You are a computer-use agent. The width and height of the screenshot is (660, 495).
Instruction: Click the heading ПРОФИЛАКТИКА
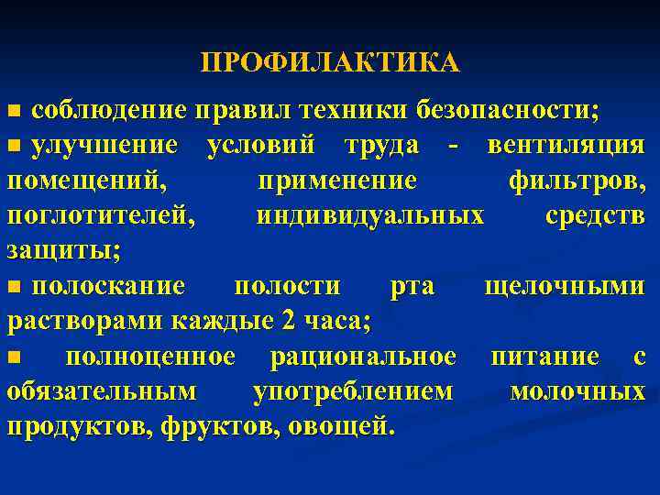[x=330, y=63]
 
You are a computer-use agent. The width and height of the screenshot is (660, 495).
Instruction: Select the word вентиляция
[x=566, y=146]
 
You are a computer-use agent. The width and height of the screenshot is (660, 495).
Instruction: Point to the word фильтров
[x=576, y=181]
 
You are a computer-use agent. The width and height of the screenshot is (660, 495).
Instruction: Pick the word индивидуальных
[x=370, y=215]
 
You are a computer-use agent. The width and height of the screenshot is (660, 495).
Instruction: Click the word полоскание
[x=108, y=286]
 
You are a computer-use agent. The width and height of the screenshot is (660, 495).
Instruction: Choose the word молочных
[x=577, y=391]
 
